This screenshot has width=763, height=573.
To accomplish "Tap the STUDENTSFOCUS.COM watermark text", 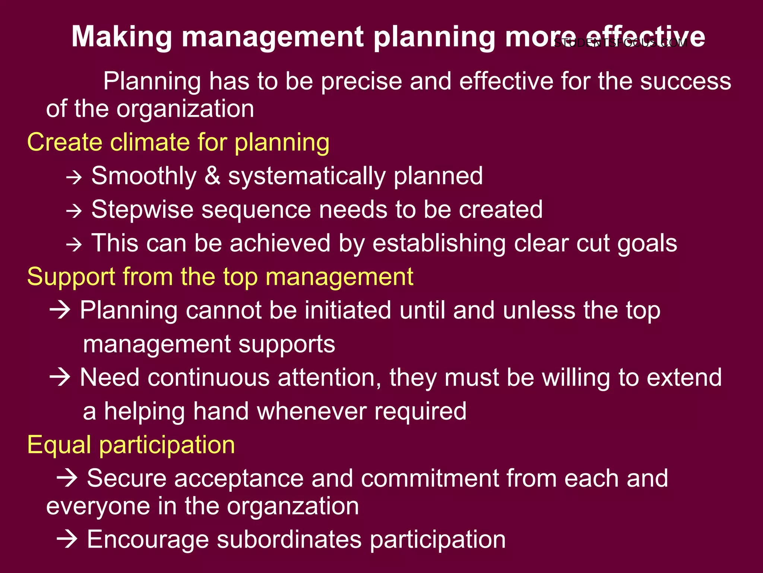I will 620,43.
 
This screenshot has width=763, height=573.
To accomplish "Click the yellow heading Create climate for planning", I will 178,143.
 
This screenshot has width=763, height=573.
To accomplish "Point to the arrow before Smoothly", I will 74,177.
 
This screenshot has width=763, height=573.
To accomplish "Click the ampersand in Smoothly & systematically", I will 212,176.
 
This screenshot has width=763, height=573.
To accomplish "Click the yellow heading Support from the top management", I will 220,277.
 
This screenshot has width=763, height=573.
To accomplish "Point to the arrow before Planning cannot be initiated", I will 60,310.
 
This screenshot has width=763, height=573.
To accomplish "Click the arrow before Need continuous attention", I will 60,377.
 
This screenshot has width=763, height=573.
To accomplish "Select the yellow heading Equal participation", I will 131,445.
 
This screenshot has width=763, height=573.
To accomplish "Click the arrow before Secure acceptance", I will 67,478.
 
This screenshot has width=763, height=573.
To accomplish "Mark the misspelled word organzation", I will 293,507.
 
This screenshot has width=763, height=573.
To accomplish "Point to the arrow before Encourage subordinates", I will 67,539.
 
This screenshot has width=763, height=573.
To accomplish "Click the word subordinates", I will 289,539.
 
